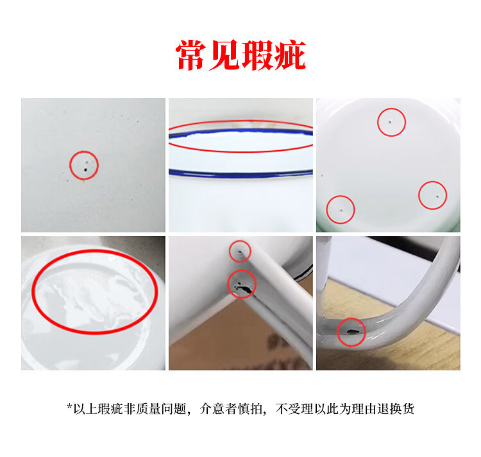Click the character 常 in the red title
click(191, 55)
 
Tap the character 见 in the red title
click(224, 55)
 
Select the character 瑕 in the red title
click(257, 55)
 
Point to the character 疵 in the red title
click(290, 55)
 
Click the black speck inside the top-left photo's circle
click(85, 169)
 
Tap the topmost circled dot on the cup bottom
click(390, 122)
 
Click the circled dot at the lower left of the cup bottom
click(341, 211)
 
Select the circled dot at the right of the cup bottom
click(437, 196)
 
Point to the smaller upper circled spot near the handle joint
click(240, 253)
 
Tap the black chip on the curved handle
click(351, 331)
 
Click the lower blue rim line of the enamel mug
click(240, 175)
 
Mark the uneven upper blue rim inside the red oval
click(240, 132)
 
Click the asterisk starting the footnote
click(69, 407)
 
